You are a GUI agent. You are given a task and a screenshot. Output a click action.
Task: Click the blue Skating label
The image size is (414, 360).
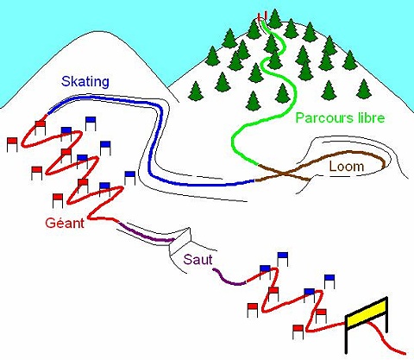click(85, 82)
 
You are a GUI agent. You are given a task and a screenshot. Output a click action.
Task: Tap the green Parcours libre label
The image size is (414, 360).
click(340, 118)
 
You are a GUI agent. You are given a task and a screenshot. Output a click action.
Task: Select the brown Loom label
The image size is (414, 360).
click(347, 167)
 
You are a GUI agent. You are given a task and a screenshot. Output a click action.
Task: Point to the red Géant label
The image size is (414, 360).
click(65, 223)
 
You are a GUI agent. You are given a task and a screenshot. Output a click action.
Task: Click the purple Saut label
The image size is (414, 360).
click(198, 260)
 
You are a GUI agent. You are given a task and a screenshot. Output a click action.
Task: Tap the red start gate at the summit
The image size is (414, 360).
click(263, 16)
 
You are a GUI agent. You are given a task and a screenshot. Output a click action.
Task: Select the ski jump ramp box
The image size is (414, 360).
click(180, 238)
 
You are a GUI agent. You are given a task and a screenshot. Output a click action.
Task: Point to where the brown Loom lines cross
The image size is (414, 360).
click(285, 174)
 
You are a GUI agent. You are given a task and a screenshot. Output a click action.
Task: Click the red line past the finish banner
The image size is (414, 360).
click(386, 339)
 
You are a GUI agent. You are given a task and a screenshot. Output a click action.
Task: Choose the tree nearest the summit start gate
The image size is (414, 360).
click(274, 19)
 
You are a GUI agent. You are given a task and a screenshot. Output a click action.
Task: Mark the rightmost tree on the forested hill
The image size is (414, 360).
click(364, 89)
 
